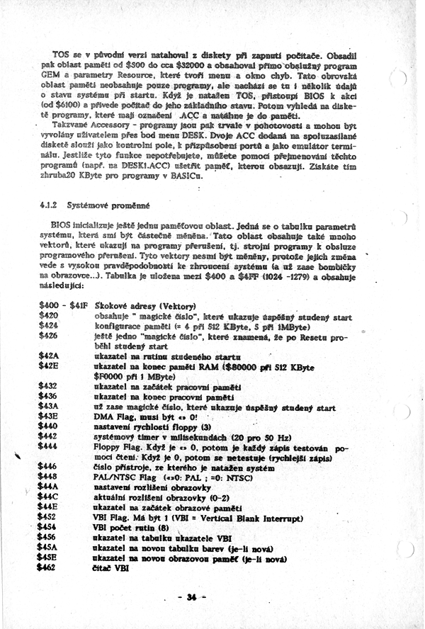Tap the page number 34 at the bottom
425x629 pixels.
[x=191, y=596]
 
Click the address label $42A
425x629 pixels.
[x=50, y=357]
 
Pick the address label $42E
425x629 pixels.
[x=50, y=365]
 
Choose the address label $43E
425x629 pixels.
[x=50, y=419]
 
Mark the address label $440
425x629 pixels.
[x=49, y=427]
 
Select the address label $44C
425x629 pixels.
[x=50, y=498]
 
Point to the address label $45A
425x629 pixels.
[x=50, y=550]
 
